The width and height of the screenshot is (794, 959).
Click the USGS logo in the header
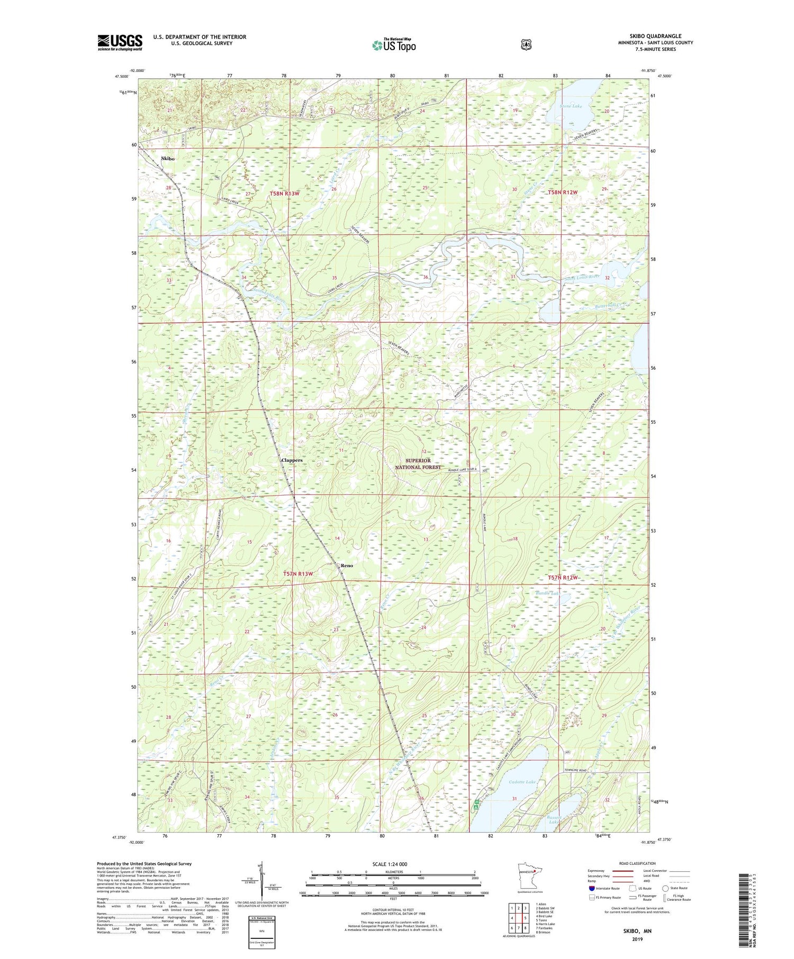(120, 42)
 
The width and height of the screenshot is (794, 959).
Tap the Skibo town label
(167, 158)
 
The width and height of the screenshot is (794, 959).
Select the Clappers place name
(292, 460)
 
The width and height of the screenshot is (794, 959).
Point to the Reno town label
(347, 565)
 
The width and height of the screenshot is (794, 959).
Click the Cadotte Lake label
(522, 782)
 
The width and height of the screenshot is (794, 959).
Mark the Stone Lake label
(571, 106)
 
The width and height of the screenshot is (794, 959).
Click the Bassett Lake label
(554, 820)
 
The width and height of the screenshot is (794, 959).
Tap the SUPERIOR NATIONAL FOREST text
(418, 464)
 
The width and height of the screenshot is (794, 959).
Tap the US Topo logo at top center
(394, 45)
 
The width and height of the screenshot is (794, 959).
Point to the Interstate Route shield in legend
(592, 888)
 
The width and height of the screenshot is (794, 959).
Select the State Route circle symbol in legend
(666, 888)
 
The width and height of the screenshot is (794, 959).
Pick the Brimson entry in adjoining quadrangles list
(543, 933)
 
